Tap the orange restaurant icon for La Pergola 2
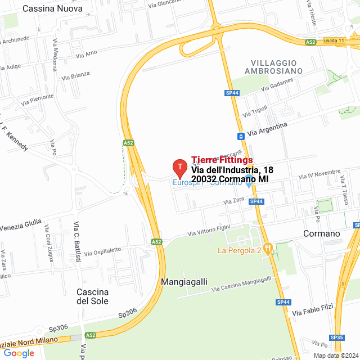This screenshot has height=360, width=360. click(268, 247)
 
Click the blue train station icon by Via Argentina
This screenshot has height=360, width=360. click(241, 136)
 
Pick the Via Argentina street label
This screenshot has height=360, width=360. click(267, 129)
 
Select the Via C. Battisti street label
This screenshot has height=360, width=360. click(76, 237)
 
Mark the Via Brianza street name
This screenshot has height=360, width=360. click(76, 75)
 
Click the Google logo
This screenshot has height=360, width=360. click(19, 353)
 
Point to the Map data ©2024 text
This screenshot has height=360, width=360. click(335, 355)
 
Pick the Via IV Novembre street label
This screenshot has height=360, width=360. click(320, 174)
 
